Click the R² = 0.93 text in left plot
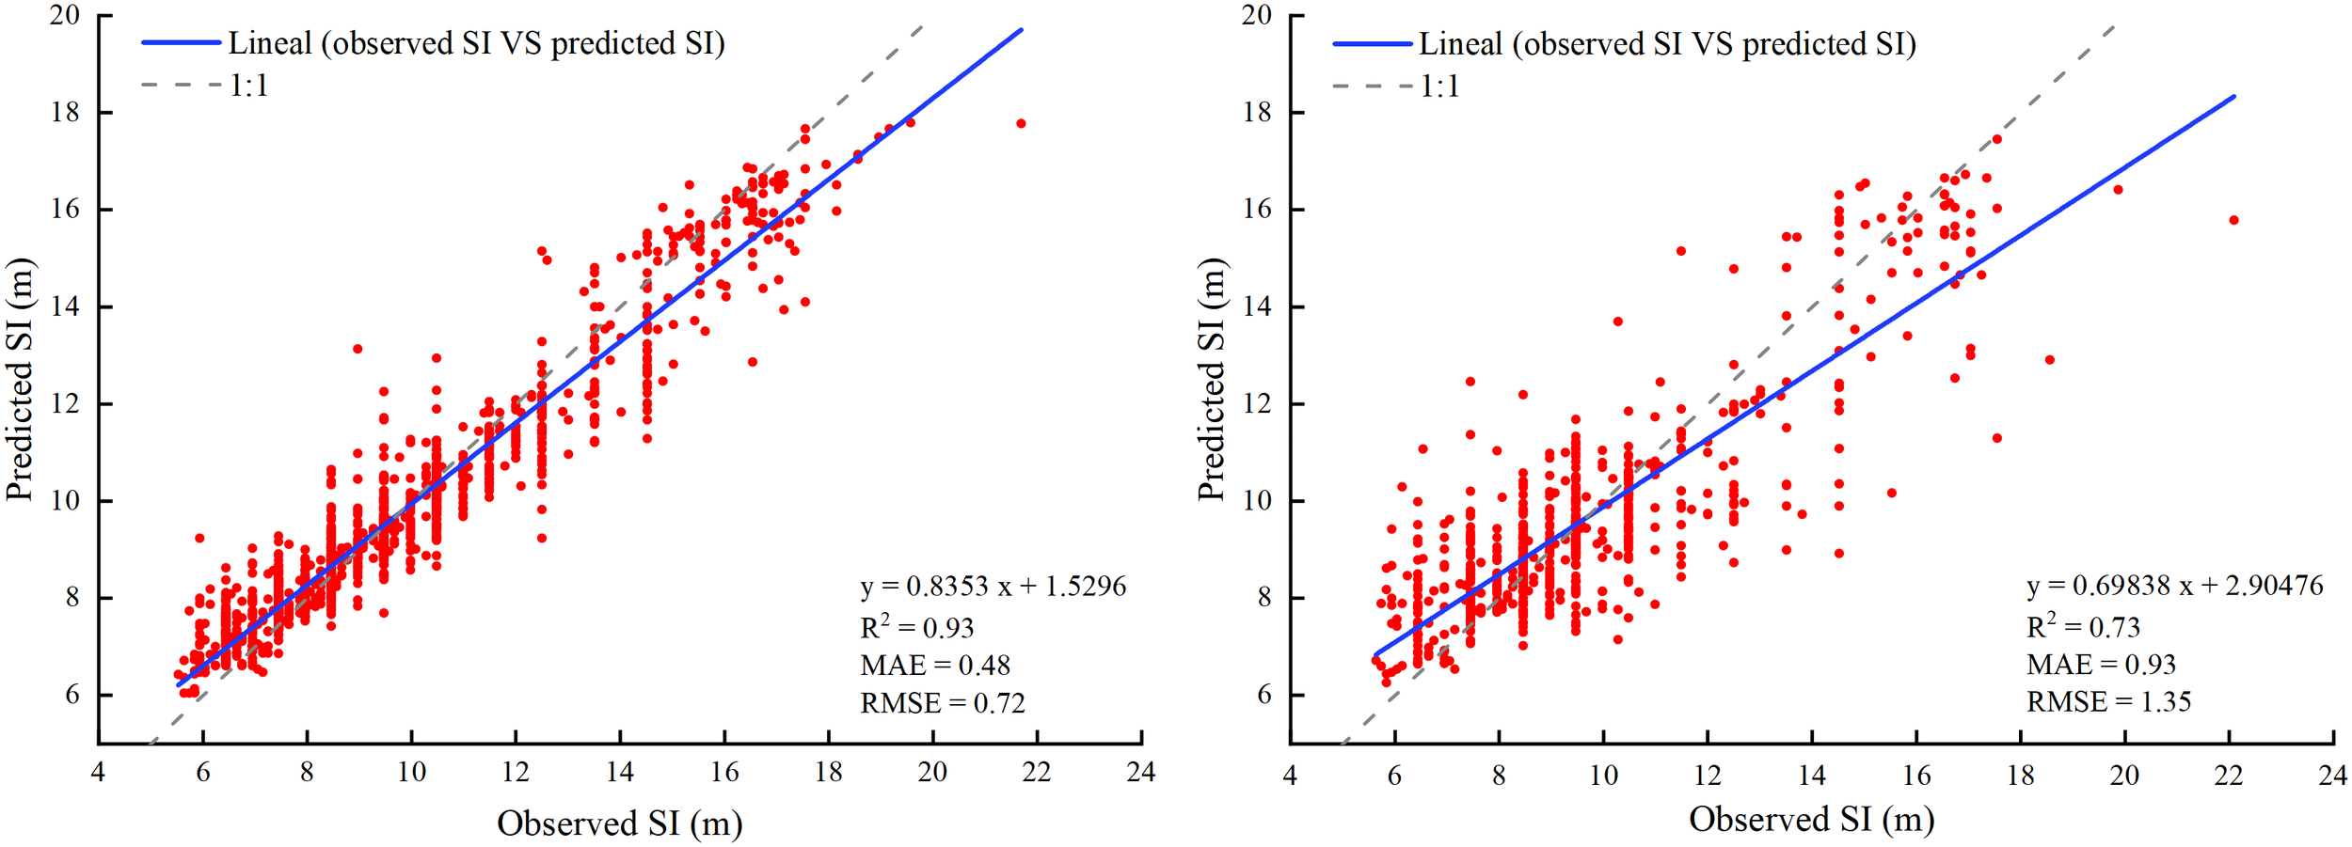point(916,628)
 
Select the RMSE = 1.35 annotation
point(2108,702)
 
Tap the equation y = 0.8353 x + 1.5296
point(993,587)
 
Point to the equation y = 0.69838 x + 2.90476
point(2174,586)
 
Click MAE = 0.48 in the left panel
point(934,666)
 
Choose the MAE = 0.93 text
point(2101,665)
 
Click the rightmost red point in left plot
point(1021,123)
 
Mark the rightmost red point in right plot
point(2233,220)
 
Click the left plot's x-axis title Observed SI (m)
point(619,823)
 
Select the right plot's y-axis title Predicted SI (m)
point(1213,379)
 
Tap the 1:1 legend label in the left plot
point(249,86)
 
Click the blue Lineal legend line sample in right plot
point(1372,43)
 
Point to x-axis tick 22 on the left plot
point(1037,773)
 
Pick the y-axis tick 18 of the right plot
point(1257,112)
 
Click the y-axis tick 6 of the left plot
point(72,695)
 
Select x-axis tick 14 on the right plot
point(1811,776)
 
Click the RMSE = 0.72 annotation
point(942,703)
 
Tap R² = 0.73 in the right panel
point(2083,627)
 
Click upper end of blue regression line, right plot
point(2233,96)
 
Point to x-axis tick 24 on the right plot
point(2332,776)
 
